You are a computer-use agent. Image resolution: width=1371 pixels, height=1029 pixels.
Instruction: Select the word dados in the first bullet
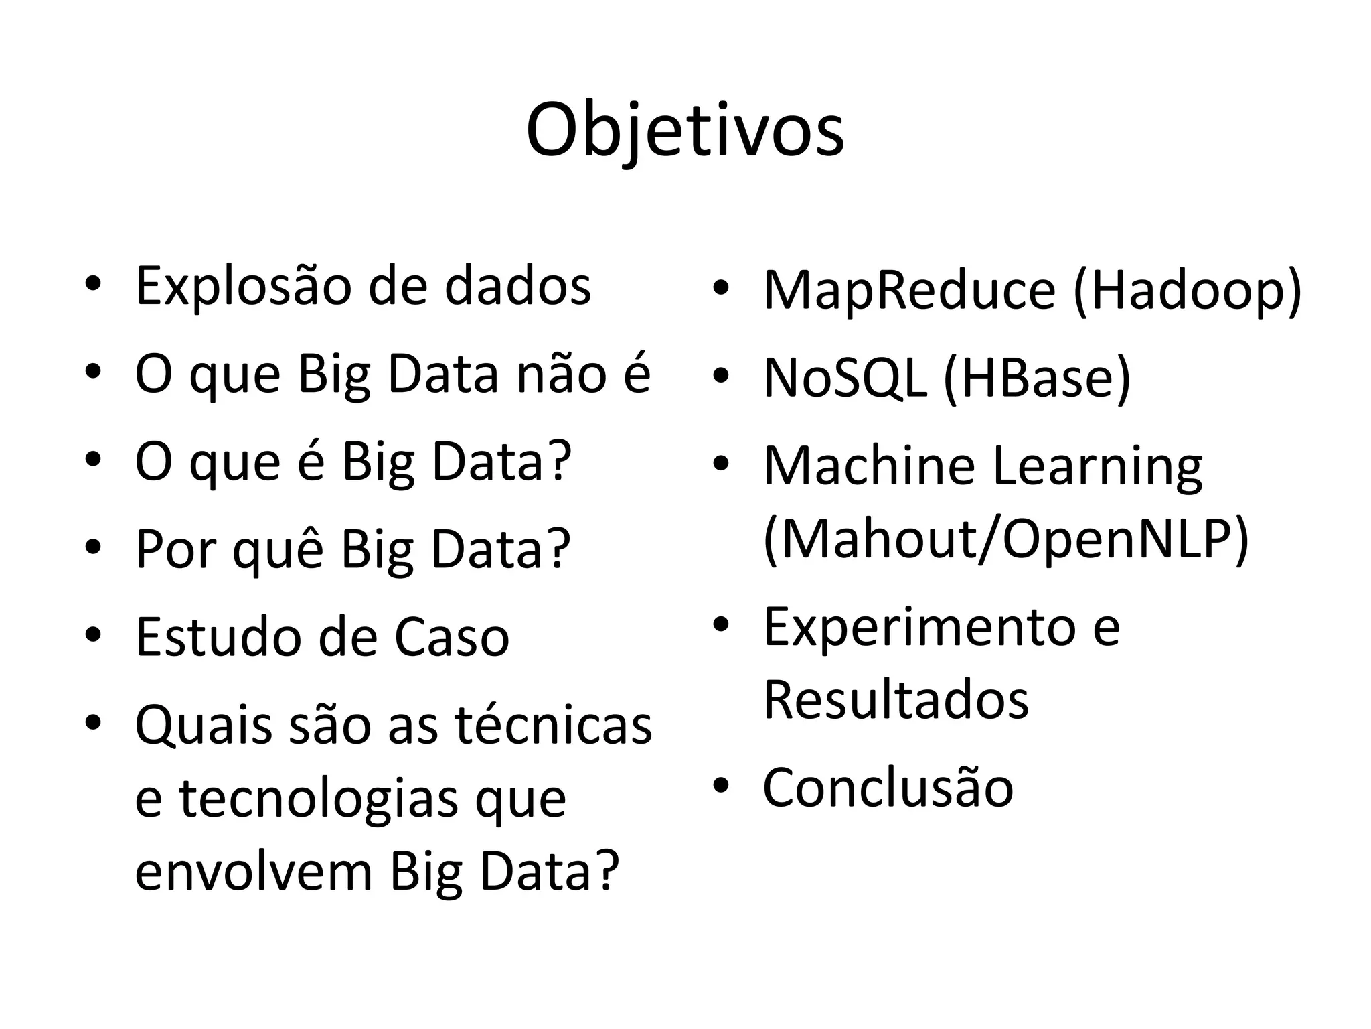point(517,286)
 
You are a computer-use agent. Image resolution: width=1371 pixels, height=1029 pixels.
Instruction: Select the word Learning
point(1097,467)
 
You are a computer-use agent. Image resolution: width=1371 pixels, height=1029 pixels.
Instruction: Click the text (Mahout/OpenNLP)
point(1005,539)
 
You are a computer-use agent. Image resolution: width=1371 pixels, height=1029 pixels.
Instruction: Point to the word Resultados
point(896,700)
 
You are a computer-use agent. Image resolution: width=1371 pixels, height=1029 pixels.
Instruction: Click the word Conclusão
point(888,787)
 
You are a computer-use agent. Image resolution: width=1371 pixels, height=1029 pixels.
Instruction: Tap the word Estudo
point(219,637)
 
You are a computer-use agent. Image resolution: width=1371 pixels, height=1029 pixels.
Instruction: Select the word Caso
point(452,637)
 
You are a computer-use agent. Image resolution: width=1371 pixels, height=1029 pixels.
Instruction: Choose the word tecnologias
point(319,799)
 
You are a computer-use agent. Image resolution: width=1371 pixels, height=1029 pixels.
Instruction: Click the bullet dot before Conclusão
point(720,785)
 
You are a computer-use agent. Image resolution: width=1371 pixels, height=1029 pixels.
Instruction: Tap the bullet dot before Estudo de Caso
point(93,635)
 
